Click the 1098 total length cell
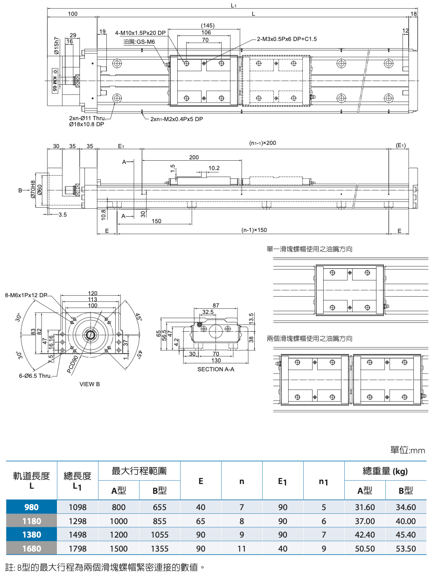point(77,507)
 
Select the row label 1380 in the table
point(32,535)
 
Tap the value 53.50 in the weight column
point(405,548)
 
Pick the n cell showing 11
point(242,548)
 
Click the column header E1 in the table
point(282,481)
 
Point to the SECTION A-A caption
point(216,369)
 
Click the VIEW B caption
point(90,384)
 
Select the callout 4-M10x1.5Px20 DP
point(140,33)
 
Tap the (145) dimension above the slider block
point(208,25)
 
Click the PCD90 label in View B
point(72,364)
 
